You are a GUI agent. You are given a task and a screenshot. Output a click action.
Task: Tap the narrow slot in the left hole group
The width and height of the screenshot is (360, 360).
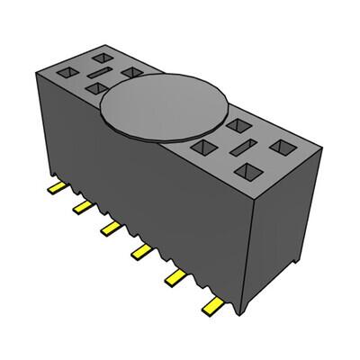(x=99, y=69)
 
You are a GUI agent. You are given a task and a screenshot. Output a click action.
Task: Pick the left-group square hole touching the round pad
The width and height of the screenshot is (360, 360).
(x=131, y=72)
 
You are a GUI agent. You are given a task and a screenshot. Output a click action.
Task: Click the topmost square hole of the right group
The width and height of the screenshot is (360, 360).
(x=239, y=126)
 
